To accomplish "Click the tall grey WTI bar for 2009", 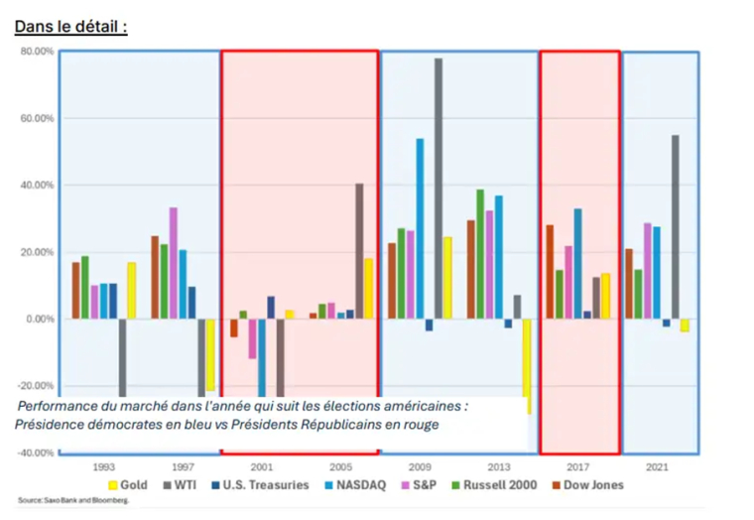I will click(x=438, y=189).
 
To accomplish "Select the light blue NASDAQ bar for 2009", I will click(x=420, y=228).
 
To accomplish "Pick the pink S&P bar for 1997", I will click(x=173, y=263).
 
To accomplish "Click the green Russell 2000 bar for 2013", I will click(x=480, y=254).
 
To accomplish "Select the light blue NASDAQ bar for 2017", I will click(x=577, y=263).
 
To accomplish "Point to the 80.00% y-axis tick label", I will click(x=36, y=52).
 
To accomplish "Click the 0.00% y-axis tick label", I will click(x=39, y=319).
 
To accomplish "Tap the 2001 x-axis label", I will click(x=261, y=465).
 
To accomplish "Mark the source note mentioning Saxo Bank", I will click(x=73, y=500).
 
